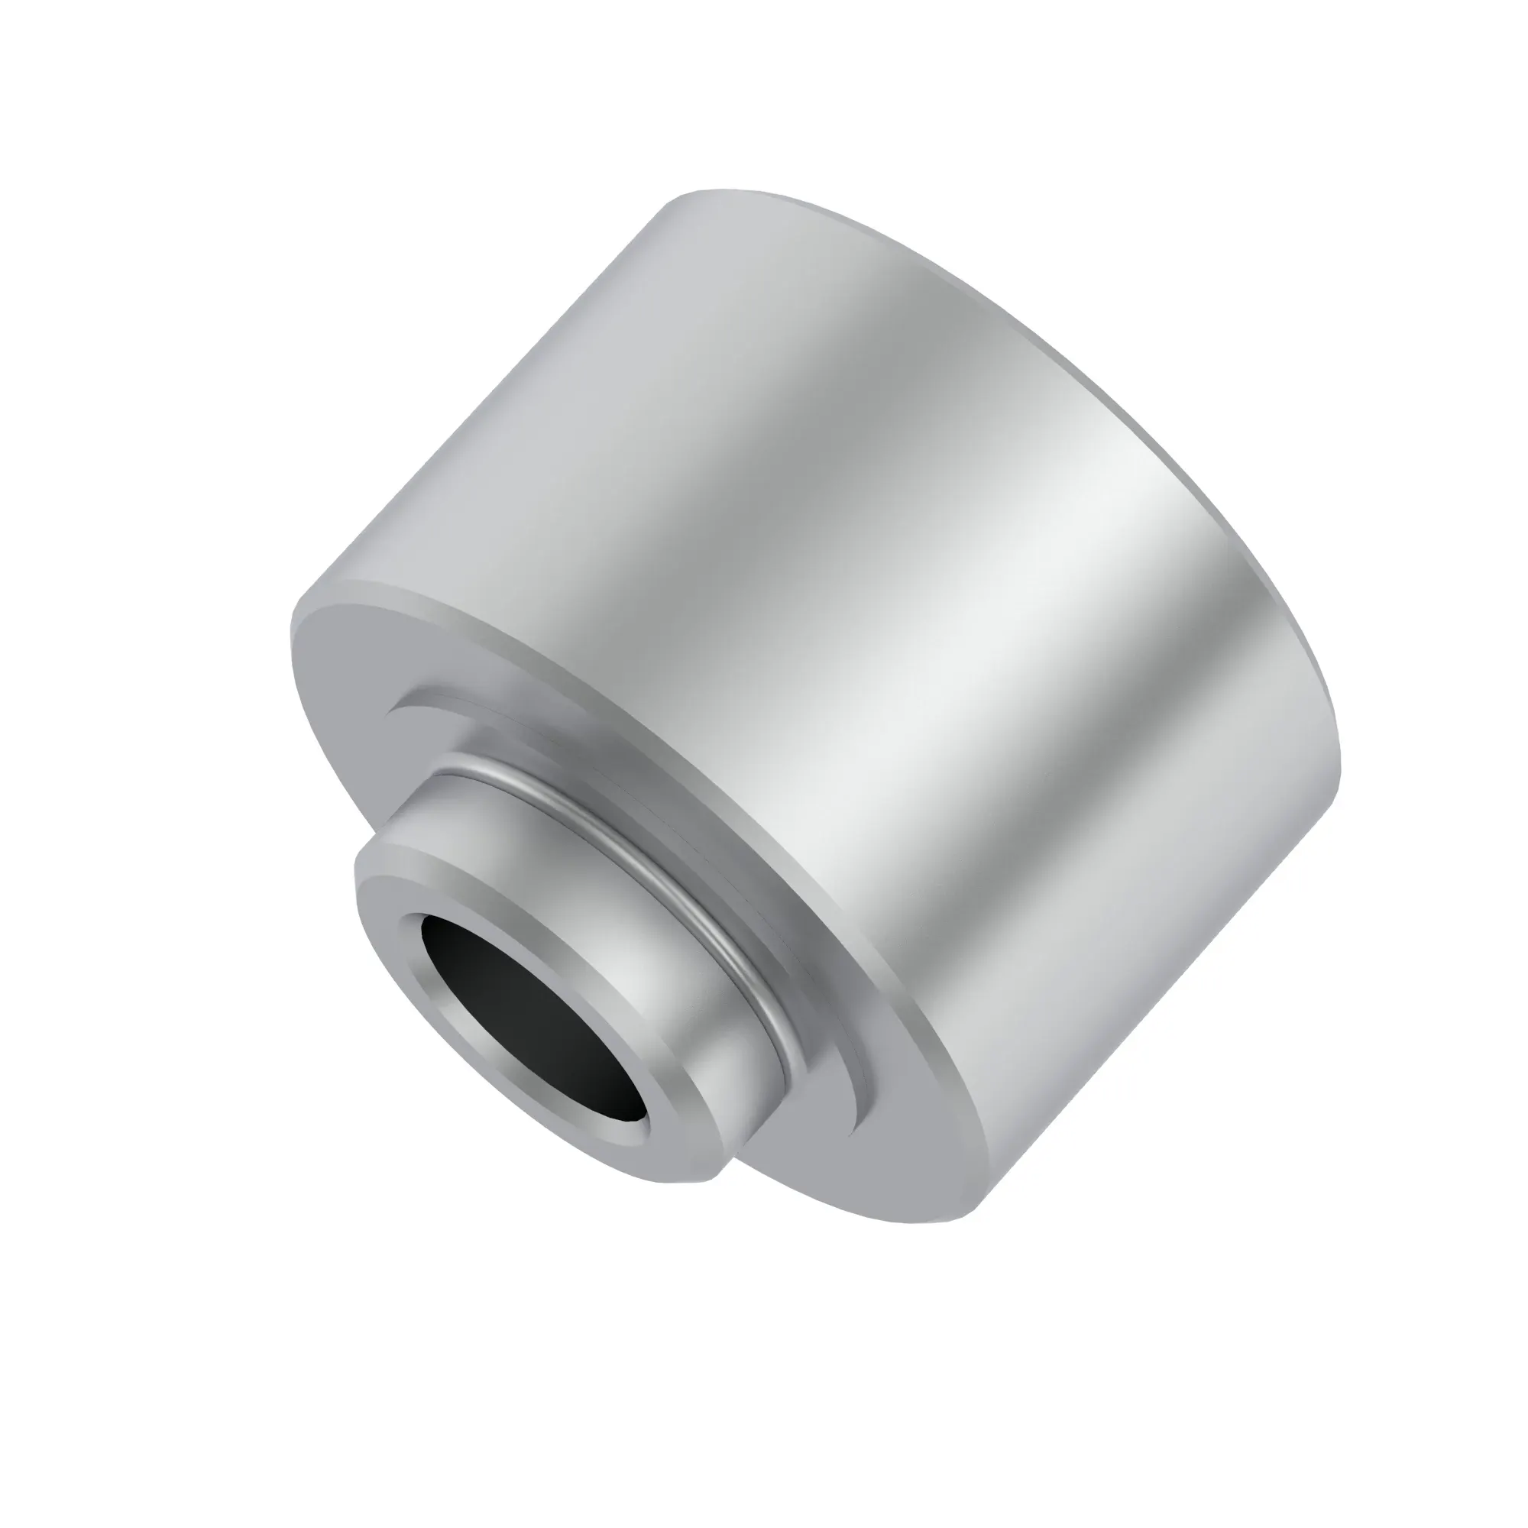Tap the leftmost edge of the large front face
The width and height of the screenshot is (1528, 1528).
(292, 633)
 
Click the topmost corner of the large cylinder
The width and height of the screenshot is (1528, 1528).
(696, 189)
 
